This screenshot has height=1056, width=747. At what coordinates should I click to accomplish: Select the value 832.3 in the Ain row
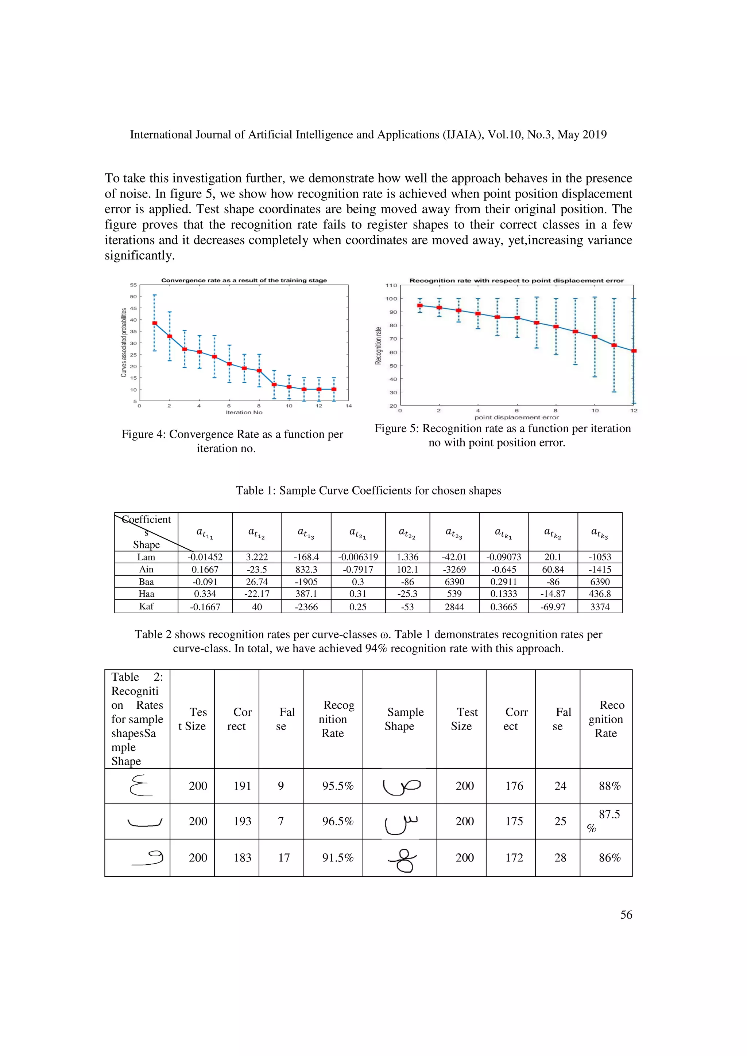pyautogui.click(x=306, y=570)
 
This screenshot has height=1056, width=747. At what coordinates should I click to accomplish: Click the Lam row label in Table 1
pyautogui.click(x=146, y=557)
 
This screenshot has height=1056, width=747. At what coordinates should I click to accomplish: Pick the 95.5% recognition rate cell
pyautogui.click(x=337, y=786)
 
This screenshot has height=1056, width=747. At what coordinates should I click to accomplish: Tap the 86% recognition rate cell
pyautogui.click(x=609, y=858)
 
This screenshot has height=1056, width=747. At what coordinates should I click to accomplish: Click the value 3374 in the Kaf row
pyautogui.click(x=600, y=607)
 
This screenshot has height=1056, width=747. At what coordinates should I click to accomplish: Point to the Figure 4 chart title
pyautogui.click(x=244, y=280)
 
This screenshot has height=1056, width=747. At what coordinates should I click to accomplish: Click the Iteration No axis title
pyautogui.click(x=244, y=412)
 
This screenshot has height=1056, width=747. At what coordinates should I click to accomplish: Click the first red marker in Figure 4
pyautogui.click(x=155, y=323)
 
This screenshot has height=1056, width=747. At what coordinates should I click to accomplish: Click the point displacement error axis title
pyautogui.click(x=516, y=418)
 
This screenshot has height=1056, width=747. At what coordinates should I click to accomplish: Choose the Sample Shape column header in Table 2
pyautogui.click(x=399, y=719)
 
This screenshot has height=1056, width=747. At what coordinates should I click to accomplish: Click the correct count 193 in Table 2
pyautogui.click(x=242, y=821)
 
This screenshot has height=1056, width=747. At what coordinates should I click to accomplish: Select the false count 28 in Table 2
pyautogui.click(x=560, y=858)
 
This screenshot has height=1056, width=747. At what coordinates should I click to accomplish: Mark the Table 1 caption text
pyautogui.click(x=368, y=490)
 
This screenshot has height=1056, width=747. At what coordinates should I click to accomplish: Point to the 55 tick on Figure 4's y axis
pyautogui.click(x=133, y=285)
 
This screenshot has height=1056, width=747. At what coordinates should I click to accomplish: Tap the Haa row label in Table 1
pyautogui.click(x=146, y=594)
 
